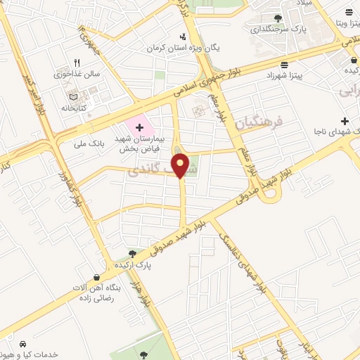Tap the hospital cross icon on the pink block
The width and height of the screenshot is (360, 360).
pyautogui.click(x=139, y=127)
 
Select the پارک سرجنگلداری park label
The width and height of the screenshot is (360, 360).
pyautogui.click(x=278, y=30)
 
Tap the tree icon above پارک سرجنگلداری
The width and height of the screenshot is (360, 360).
pyautogui.click(x=278, y=18)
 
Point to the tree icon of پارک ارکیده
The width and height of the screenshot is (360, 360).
pyautogui.click(x=131, y=255)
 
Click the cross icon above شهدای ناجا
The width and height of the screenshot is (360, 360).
pyautogui.click(x=344, y=121)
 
